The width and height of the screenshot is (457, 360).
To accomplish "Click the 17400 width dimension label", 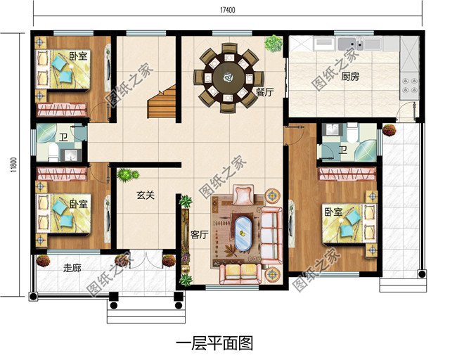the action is pyautogui.click(x=227, y=11).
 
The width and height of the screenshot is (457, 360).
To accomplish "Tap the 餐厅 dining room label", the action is pyautogui.click(x=264, y=92).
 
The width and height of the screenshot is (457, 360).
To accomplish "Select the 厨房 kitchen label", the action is pyautogui.click(x=350, y=77).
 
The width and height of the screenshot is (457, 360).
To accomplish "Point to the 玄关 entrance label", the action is pyautogui.click(x=146, y=195).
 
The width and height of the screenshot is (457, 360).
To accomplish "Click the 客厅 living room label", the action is pyautogui.click(x=200, y=235).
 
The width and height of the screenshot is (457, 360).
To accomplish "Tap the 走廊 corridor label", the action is pyautogui.click(x=72, y=268).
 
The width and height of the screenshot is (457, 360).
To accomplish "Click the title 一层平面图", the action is pyautogui.click(x=214, y=343).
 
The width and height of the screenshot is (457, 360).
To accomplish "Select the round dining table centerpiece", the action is pyautogui.click(x=228, y=77).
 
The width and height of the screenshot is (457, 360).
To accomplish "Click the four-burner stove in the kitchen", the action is pyautogui.click(x=409, y=86).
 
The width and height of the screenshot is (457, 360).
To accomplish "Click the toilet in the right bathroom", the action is pyautogui.click(x=352, y=133).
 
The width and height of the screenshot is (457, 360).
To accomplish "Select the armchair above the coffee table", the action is pyautogui.click(x=244, y=194).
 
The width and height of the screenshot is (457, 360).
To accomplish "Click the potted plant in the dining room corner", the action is pyautogui.click(x=273, y=44).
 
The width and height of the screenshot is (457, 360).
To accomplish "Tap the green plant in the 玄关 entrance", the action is pyautogui.click(x=127, y=175).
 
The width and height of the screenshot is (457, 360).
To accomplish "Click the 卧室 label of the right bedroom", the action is pyautogui.click(x=334, y=212).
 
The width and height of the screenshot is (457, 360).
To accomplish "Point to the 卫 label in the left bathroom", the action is pyautogui.click(x=63, y=137).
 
